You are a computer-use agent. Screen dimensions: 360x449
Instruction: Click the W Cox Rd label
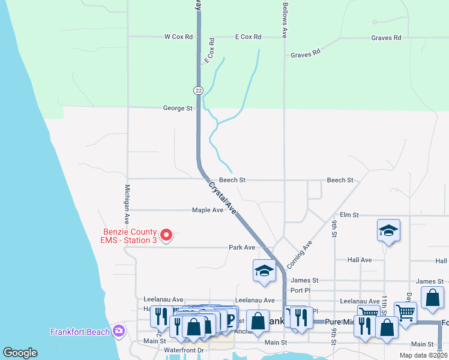pyautogui.click(x=178, y=37)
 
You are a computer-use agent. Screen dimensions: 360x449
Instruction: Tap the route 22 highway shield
pyautogui.click(x=198, y=90)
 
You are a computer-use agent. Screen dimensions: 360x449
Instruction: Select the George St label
pyautogui.click(x=177, y=109)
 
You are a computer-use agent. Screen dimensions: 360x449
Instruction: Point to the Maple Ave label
pyautogui.click(x=208, y=210)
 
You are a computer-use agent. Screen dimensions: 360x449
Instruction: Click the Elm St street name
pyautogui.click(x=349, y=215)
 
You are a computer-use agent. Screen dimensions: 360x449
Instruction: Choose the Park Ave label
pyautogui.click(x=242, y=247)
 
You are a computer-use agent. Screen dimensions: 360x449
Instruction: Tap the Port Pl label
pyautogui.click(x=300, y=290)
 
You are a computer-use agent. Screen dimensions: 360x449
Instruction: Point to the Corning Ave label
pyautogui.click(x=300, y=254)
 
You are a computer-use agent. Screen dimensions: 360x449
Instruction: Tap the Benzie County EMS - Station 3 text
pyautogui.click(x=129, y=236)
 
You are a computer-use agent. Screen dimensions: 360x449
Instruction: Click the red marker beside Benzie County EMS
pyautogui.click(x=168, y=235)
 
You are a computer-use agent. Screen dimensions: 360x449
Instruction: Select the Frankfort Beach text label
pyautogui.click(x=80, y=332)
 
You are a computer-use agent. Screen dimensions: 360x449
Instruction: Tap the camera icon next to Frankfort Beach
pyautogui.click(x=119, y=331)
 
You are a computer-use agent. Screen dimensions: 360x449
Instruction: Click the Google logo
pyautogui.click(x=20, y=353)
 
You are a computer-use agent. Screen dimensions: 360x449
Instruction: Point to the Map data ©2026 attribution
pyautogui.click(x=423, y=355)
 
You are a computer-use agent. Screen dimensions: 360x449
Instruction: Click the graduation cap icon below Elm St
pyautogui.click(x=389, y=230)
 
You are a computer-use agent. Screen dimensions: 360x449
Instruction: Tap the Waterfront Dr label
pyautogui.click(x=184, y=350)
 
